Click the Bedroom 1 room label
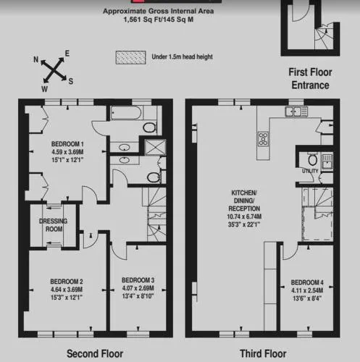[x=67, y=144]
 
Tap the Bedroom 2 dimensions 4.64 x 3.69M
[x=67, y=290]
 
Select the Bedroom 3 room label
[x=138, y=280]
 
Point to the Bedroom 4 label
[x=307, y=282]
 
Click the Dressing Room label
[x=54, y=225]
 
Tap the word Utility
[x=310, y=171]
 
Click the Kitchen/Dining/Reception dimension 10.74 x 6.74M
[x=244, y=216]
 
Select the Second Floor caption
[x=95, y=354]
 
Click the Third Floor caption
[x=263, y=354]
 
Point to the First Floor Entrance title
[x=310, y=79]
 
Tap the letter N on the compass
[x=35, y=59]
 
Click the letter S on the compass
[x=71, y=81]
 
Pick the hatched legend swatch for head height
[x=130, y=57]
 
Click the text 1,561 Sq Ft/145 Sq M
[x=159, y=20]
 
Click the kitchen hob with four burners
[x=263, y=139]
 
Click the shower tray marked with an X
[x=155, y=147]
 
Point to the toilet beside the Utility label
[x=313, y=160]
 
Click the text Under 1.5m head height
[x=183, y=57]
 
